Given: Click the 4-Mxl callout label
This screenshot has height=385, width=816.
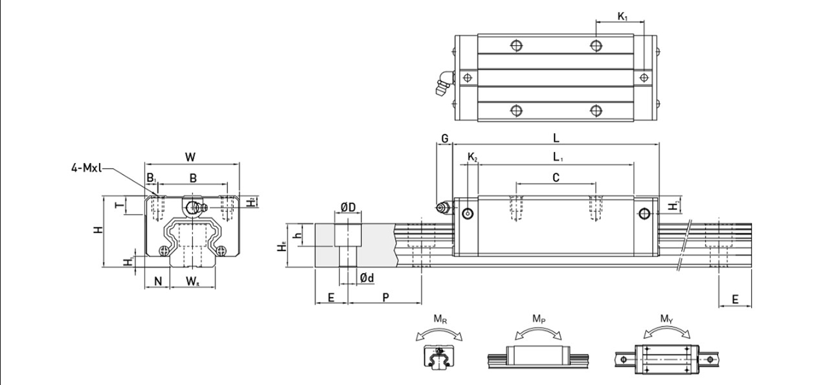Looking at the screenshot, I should [86, 168].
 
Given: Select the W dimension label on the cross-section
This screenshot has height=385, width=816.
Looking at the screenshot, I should [190, 157].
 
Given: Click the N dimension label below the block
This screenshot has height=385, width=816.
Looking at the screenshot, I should [157, 281].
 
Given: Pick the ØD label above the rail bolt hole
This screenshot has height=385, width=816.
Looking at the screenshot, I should [348, 207].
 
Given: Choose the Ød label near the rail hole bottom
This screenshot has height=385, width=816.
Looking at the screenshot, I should [367, 278].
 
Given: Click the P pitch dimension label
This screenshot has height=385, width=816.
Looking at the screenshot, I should [385, 297].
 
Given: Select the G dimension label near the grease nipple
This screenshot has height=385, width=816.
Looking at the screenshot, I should [444, 138].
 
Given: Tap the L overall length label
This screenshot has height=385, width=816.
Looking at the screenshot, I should [556, 138].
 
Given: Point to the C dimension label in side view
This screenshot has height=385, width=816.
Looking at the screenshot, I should [556, 177].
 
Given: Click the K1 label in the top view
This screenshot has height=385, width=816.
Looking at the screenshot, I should [621, 16].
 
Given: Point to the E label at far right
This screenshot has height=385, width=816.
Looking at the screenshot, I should [735, 299].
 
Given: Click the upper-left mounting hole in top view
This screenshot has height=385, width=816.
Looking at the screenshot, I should [516, 45].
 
